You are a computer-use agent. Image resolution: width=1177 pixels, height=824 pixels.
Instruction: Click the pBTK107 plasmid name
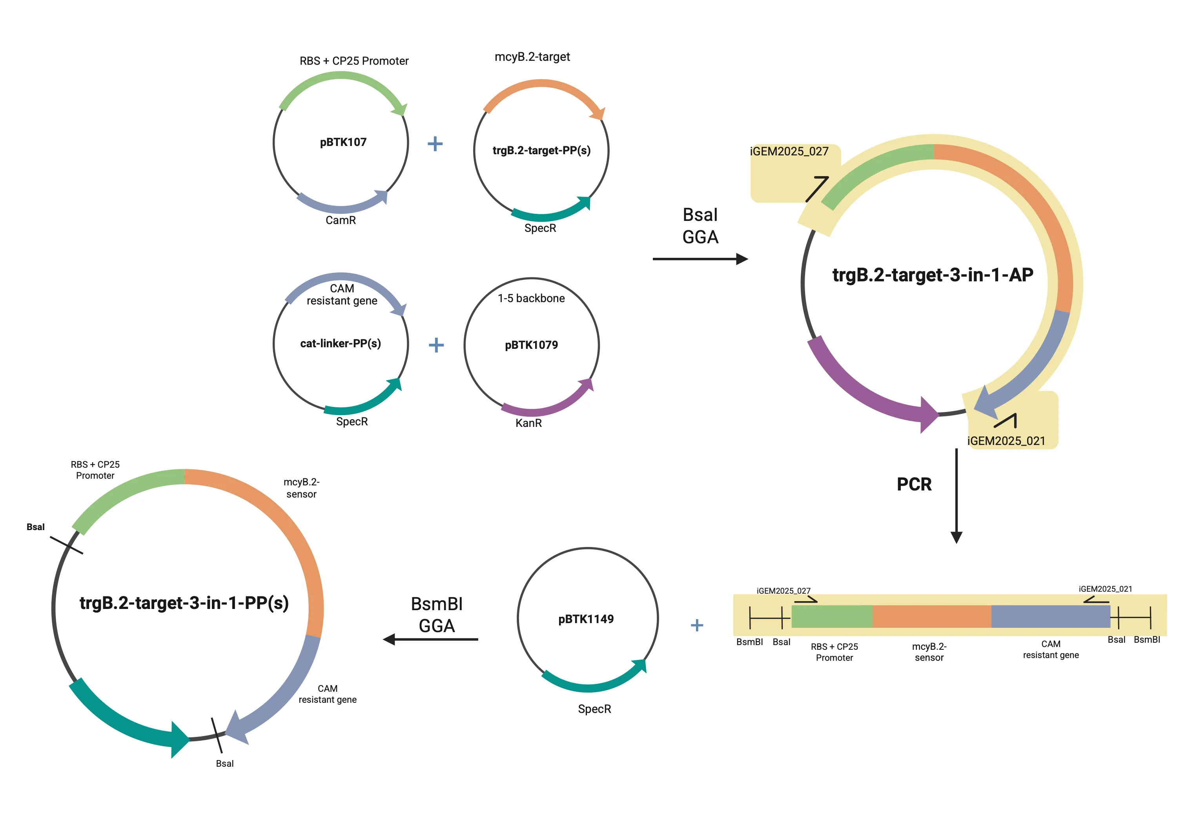click(x=343, y=142)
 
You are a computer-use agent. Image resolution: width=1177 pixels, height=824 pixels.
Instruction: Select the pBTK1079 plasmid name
click(x=531, y=345)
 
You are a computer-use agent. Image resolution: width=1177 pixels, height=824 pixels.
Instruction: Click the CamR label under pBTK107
click(x=341, y=221)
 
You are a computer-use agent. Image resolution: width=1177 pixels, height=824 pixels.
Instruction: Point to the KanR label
click(x=528, y=423)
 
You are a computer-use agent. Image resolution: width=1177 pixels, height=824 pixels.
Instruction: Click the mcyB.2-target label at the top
click(x=532, y=57)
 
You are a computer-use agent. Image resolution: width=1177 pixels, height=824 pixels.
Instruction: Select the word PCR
click(x=914, y=485)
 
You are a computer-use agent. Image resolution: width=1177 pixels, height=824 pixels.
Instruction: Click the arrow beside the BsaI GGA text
click(x=700, y=259)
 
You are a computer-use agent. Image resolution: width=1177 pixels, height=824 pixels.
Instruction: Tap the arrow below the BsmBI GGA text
click(x=431, y=640)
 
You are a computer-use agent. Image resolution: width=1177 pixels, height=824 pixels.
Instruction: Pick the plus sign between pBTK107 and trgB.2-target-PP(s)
click(x=435, y=144)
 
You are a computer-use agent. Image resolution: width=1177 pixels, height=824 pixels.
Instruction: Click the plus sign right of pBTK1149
click(x=697, y=625)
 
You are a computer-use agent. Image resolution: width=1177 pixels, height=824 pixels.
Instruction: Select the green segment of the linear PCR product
click(x=831, y=616)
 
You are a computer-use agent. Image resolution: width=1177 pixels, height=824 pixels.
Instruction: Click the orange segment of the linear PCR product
click(x=931, y=616)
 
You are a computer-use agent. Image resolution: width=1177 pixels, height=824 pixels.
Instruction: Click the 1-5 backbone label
click(x=531, y=299)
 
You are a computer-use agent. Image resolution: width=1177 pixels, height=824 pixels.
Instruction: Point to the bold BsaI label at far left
click(x=35, y=527)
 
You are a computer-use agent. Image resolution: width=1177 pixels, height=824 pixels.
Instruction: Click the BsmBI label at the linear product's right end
click(x=1147, y=640)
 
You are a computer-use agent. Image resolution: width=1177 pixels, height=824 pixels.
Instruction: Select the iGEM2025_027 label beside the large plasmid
click(x=789, y=152)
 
